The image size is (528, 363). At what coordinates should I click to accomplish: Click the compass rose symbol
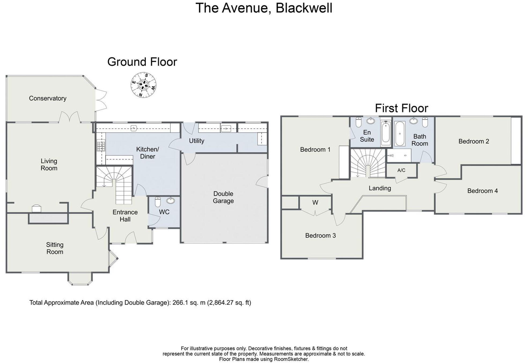pos(144,85)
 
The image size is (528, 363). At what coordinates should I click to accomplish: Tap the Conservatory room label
pos(48,98)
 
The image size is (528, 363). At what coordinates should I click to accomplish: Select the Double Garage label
pos(223,197)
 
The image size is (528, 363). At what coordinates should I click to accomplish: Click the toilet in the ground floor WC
pos(158,202)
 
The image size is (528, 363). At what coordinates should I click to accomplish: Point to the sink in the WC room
pos(170,200)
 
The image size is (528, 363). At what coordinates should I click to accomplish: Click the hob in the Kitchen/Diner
pos(101,146)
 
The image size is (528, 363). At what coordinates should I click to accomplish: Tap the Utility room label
pos(196,141)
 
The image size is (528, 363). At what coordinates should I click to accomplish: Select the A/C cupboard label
pos(401,170)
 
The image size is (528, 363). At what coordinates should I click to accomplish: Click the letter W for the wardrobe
pos(315,203)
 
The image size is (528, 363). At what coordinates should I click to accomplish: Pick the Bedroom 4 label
pos(482,191)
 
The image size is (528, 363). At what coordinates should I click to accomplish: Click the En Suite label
pos(367,136)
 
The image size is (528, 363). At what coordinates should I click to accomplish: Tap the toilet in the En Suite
pos(359,122)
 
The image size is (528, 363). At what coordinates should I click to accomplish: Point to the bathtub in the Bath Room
pos(400,133)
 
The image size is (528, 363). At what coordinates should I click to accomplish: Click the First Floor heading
pos(401,108)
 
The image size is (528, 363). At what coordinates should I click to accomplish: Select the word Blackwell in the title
pos(304,8)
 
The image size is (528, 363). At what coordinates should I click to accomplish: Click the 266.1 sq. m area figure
pos(189,303)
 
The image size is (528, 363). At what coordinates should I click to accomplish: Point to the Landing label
pos(380,188)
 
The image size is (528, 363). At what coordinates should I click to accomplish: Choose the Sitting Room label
pos(55,248)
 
